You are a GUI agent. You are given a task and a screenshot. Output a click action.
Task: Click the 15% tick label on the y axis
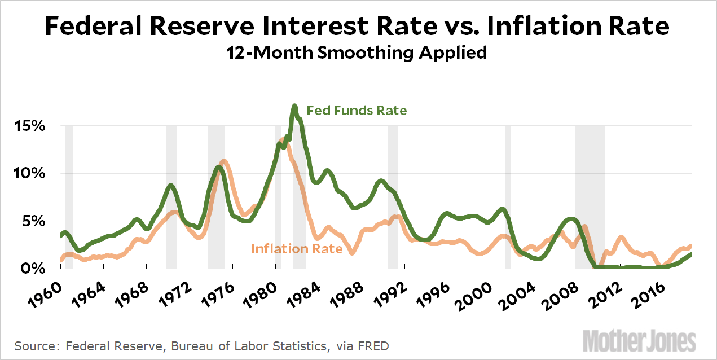pos(29,126)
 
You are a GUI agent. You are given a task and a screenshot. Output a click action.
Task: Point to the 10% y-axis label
pos(29,173)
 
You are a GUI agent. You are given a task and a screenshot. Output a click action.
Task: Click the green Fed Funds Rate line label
pos(356,111)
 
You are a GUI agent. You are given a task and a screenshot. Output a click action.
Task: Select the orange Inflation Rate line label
pos(297,248)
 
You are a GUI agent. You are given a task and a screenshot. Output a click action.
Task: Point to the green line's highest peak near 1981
pos(294,106)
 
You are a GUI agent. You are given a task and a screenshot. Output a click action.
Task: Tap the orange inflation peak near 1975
pos(224,161)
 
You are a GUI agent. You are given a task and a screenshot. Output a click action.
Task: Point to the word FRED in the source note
pos(372,345)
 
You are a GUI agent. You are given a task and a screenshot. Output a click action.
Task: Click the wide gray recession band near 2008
pos(590,197)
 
